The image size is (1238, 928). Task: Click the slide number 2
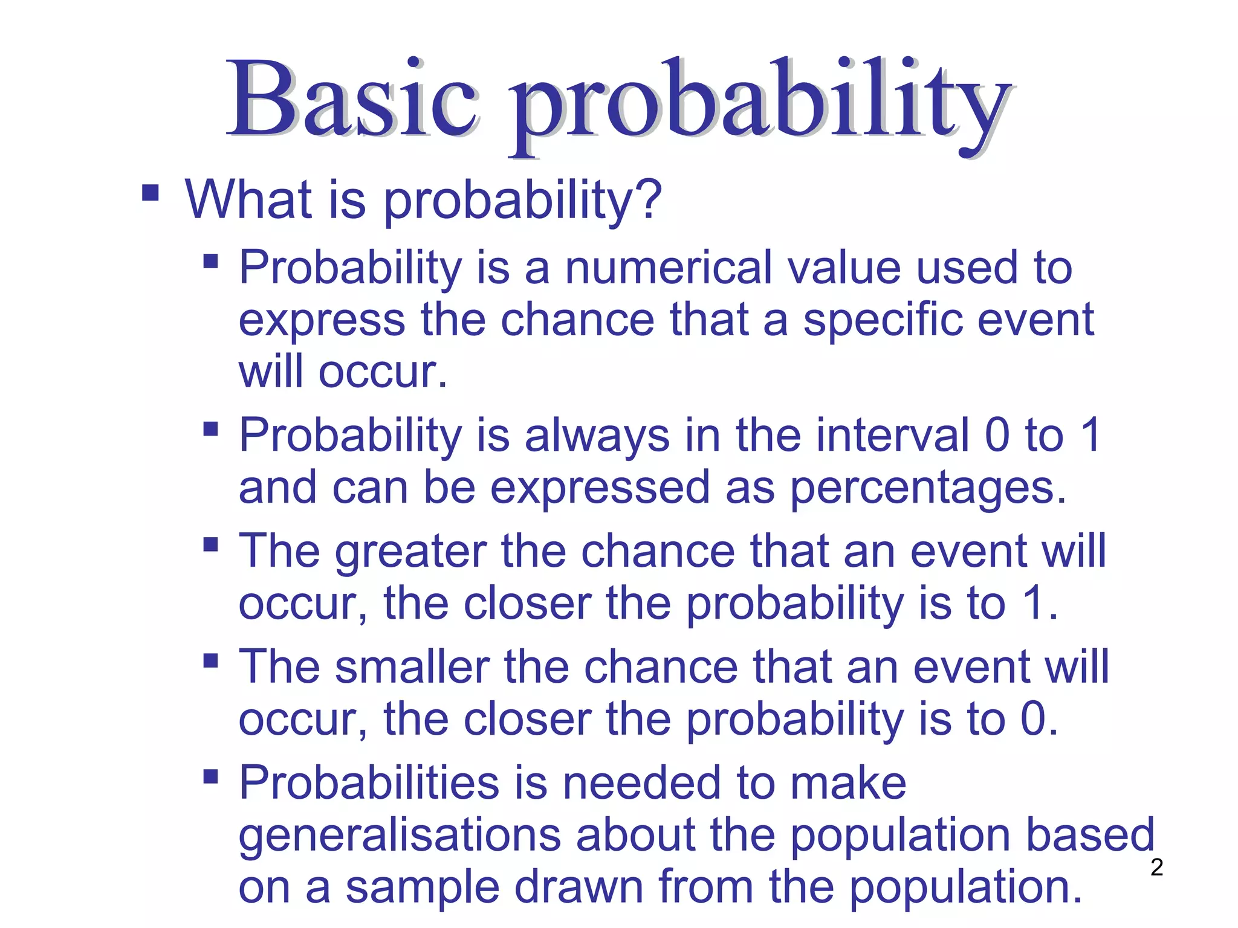click(1156, 868)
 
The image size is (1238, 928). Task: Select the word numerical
click(669, 268)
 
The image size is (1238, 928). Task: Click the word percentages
click(927, 488)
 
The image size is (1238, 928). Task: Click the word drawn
click(580, 887)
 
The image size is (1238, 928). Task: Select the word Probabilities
click(369, 783)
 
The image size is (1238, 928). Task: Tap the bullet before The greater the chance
click(210, 544)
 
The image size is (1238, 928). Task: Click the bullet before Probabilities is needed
click(210, 776)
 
